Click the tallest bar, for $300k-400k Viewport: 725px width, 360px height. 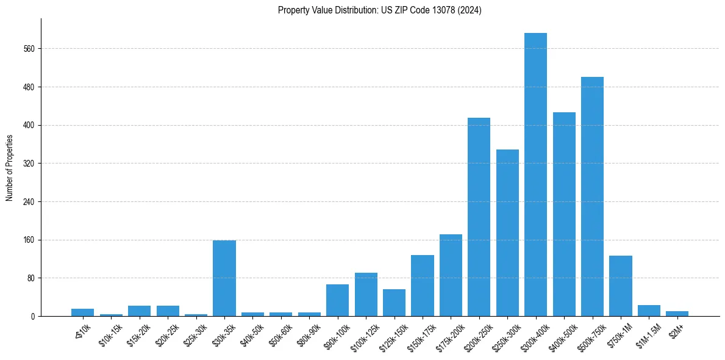(x=535, y=175)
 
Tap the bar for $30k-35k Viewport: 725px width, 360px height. (x=224, y=278)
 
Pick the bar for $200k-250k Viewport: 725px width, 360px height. (x=479, y=217)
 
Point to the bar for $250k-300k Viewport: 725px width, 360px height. (x=507, y=232)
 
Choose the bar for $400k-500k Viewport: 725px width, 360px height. (x=564, y=214)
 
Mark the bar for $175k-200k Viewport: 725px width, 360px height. (x=451, y=275)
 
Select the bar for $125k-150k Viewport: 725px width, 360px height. (x=394, y=303)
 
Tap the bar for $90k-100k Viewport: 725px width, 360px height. (x=337, y=300)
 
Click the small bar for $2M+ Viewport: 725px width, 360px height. (x=677, y=314)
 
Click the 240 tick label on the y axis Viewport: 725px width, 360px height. (x=31, y=202)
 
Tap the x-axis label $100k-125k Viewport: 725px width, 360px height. (x=363, y=335)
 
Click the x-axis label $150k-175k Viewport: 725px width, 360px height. (x=420, y=335)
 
